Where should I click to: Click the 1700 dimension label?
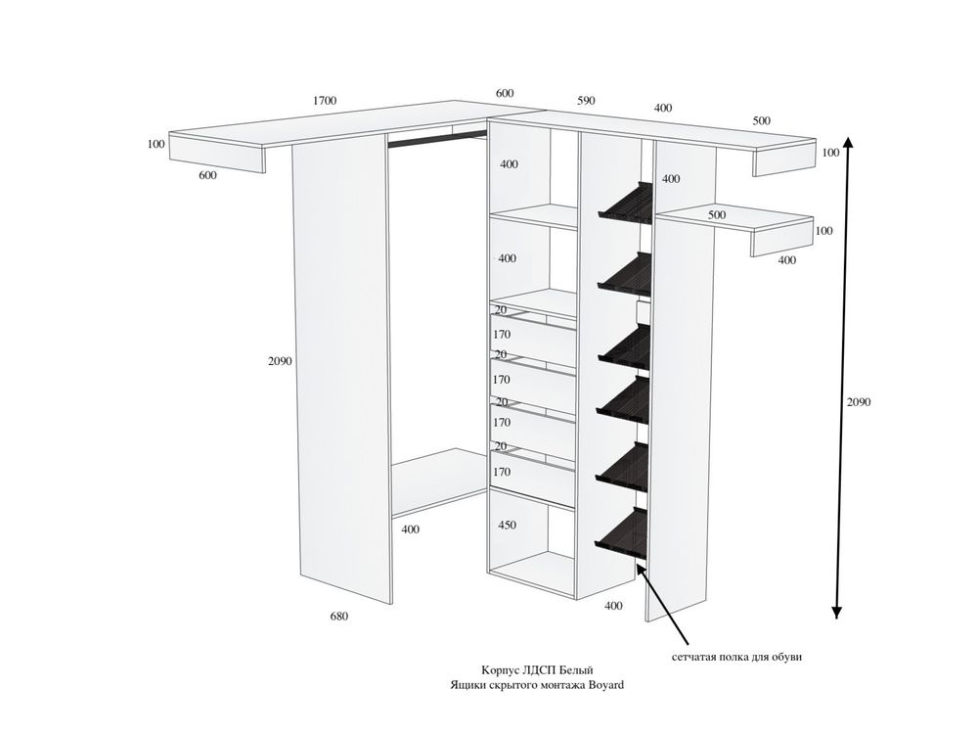click(x=325, y=101)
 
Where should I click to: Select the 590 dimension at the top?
click(x=586, y=101)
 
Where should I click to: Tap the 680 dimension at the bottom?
click(x=338, y=617)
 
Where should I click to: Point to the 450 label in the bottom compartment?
click(x=507, y=526)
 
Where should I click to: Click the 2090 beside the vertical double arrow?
click(x=859, y=402)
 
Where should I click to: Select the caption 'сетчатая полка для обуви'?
click(x=736, y=658)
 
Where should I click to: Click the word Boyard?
click(x=605, y=685)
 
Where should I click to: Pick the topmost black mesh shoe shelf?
click(x=626, y=201)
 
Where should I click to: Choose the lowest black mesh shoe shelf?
click(x=622, y=531)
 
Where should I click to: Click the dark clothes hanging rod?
click(x=437, y=139)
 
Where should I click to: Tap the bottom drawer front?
click(x=532, y=479)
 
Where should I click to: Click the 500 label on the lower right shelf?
click(x=717, y=215)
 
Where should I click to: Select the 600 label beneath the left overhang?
click(x=207, y=176)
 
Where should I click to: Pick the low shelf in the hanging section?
click(x=439, y=482)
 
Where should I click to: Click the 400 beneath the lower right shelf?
click(x=787, y=260)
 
